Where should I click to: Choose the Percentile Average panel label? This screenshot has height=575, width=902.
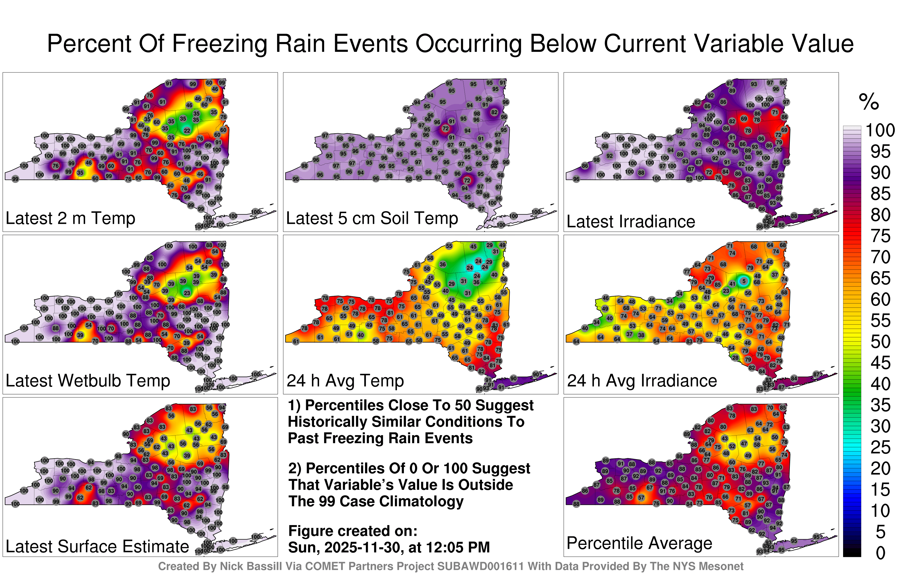click(639, 543)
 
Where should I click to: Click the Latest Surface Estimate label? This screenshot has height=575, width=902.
click(98, 547)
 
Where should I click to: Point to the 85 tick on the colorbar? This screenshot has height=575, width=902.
click(880, 194)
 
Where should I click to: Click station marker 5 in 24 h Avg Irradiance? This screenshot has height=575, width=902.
click(744, 281)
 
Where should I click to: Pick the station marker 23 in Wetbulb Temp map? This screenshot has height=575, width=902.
click(187, 293)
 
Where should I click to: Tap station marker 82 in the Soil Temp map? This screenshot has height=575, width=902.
click(494, 112)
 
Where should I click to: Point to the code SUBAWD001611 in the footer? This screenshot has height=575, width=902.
click(480, 566)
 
